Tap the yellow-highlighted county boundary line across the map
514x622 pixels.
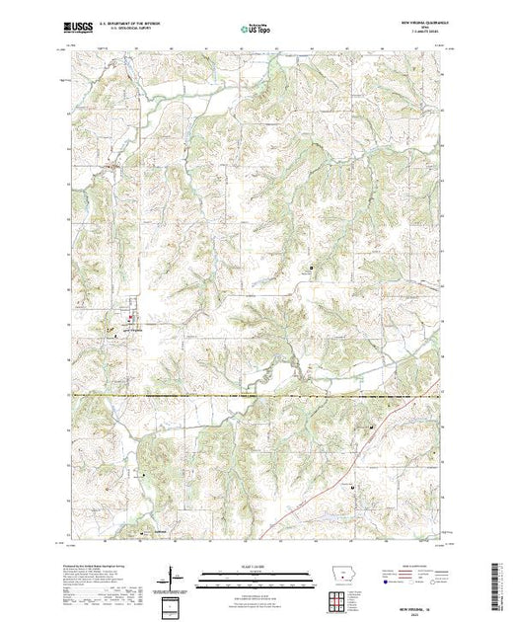pyautogui.click(x=257, y=396)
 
